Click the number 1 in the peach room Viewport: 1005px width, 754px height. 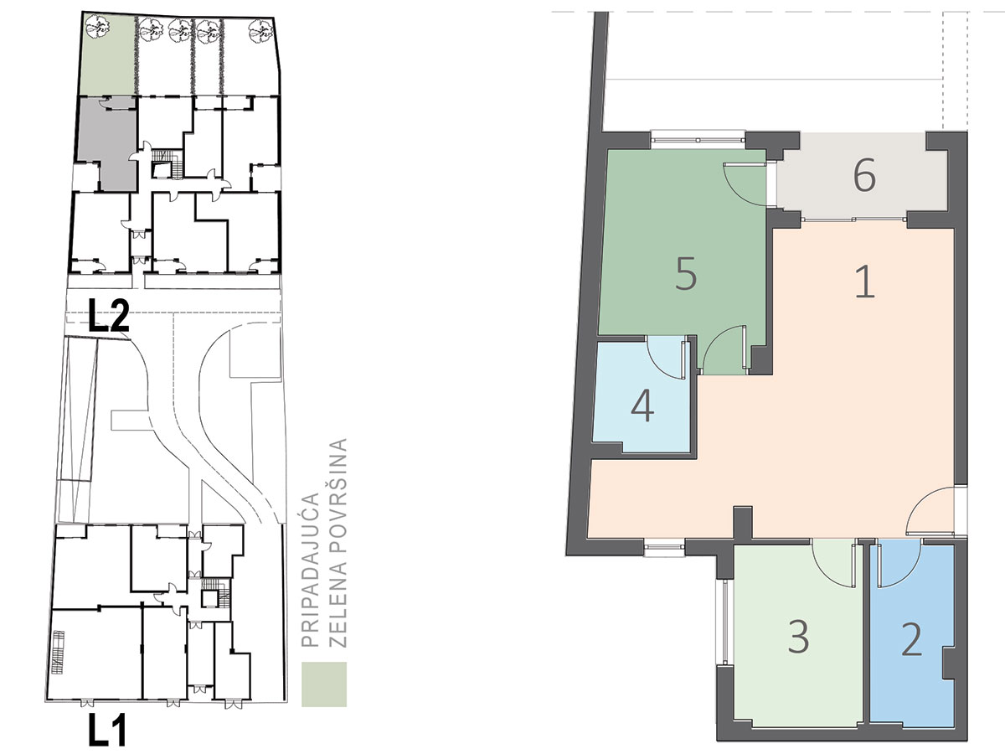(x=865, y=283)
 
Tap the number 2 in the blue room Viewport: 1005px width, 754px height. (x=910, y=639)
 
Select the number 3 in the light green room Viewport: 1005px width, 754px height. (x=799, y=637)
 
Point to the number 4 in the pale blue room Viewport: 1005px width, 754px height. (x=642, y=406)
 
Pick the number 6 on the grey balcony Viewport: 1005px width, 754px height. (x=864, y=175)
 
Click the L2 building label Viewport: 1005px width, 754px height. (x=109, y=315)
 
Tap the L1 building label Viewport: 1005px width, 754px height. (x=107, y=731)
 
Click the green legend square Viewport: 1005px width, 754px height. (x=324, y=684)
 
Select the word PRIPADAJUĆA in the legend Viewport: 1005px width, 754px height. (x=310, y=570)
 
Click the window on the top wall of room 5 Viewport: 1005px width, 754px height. (x=698, y=136)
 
